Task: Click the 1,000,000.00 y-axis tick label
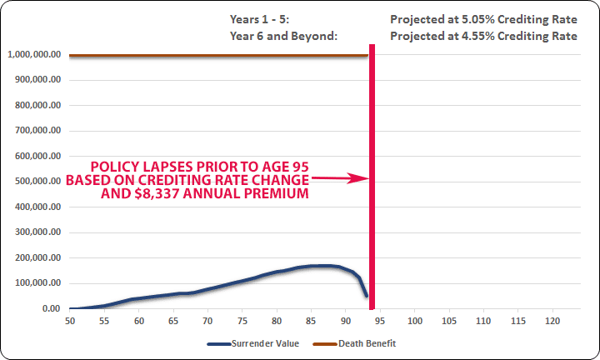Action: tap(34, 54)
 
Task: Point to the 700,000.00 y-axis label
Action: tap(37, 131)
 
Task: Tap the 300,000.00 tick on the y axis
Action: tap(37, 232)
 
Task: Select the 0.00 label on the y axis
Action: tap(52, 308)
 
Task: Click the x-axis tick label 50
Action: tap(70, 321)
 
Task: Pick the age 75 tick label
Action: tap(242, 321)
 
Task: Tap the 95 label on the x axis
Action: tap(380, 321)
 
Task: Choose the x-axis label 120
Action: tap(552, 321)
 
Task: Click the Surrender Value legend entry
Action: tap(253, 343)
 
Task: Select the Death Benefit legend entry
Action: tap(354, 343)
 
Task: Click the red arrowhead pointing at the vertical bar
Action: tap(357, 178)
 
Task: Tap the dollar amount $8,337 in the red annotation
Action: tap(157, 193)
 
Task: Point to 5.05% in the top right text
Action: tap(478, 19)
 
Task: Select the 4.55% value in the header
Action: tap(478, 36)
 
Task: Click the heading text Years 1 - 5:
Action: tap(259, 19)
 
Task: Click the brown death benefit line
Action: tap(218, 56)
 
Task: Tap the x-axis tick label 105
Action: tap(449, 321)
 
